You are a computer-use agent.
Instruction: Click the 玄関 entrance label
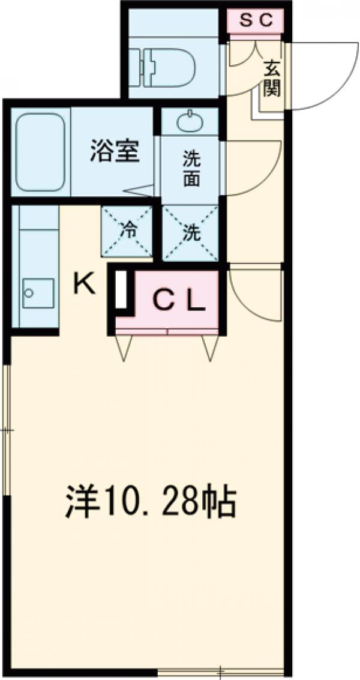pos(271,79)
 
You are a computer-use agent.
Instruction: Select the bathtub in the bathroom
pos(40,152)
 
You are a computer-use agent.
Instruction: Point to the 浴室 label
pos(115,151)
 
